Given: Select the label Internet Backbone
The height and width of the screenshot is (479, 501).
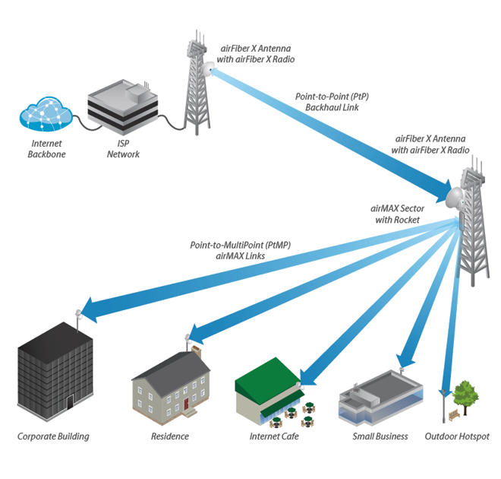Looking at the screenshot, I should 48,149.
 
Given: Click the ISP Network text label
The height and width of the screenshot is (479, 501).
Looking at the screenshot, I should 122,149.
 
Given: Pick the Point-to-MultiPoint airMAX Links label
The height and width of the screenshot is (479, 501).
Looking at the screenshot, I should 241,251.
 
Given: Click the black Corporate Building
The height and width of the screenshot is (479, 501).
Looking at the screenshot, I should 55,372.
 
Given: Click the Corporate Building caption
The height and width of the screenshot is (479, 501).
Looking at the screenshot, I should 53,436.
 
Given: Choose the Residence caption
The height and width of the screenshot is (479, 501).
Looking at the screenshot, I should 170,436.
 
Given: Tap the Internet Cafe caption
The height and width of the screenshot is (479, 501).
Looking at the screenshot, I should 274,436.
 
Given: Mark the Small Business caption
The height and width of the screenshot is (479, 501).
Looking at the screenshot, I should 380,436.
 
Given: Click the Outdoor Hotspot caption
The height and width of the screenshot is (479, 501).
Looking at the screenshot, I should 457,436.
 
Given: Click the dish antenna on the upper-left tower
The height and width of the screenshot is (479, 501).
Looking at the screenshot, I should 206,68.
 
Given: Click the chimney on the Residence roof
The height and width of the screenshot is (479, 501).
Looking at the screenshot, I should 196,353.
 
